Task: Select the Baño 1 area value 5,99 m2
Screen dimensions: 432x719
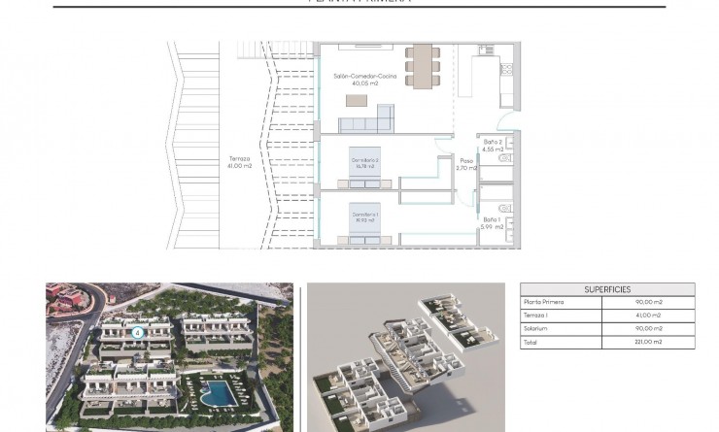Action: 493,227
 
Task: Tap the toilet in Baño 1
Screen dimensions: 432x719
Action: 504,210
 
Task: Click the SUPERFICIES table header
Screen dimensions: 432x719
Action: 607,289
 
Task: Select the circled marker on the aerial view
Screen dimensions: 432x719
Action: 138,331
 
